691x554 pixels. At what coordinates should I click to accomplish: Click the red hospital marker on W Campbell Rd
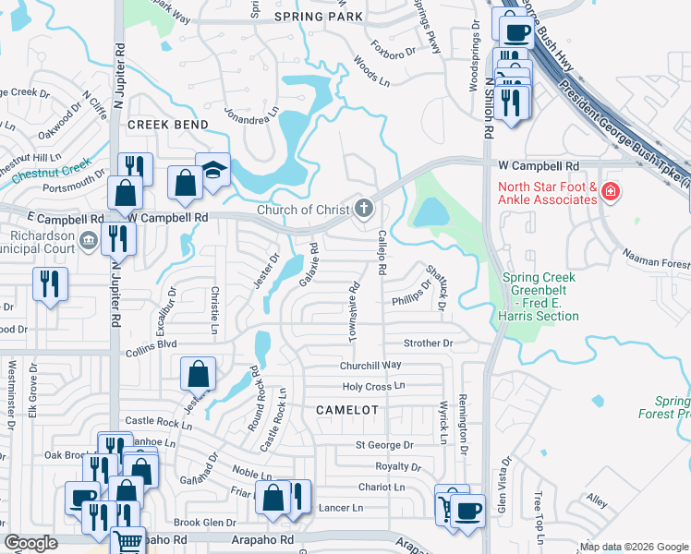[609, 192]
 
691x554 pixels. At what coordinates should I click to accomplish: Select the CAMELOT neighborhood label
[347, 409]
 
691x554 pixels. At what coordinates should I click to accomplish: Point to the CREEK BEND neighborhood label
[166, 124]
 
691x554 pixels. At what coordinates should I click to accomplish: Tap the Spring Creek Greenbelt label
[540, 296]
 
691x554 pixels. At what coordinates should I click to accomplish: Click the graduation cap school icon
[213, 171]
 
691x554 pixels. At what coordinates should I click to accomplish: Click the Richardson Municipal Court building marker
[88, 241]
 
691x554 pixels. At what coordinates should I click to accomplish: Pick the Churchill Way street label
[370, 366]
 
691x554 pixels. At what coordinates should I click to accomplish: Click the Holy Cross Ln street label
[374, 387]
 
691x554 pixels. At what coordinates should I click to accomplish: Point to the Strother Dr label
[429, 343]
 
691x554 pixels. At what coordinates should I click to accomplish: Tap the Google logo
[30, 543]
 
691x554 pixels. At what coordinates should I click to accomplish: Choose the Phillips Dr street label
[410, 300]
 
